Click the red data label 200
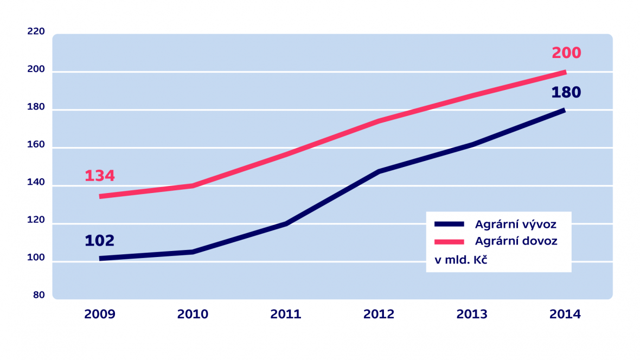566,53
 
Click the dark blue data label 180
566,92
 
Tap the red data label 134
100,176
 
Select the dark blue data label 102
100,241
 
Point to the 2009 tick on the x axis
100,314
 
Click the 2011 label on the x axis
286,314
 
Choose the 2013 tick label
472,314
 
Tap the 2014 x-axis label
565,314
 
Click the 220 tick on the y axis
36,31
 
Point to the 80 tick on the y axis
39,295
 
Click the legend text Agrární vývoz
515,224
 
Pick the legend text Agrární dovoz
516,241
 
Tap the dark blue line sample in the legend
449,224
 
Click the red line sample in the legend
449,241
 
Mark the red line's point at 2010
193,186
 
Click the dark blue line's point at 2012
379,171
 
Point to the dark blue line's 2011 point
286,223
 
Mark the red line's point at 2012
379,121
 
